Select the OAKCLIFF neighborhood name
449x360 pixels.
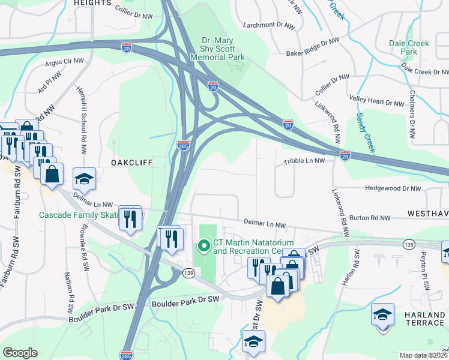pos(131,163)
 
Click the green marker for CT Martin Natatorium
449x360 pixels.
pos(203,245)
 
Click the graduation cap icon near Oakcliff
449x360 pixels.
pos(84,178)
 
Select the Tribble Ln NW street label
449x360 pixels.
pos(304,161)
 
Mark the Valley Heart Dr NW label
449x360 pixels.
pos(376,103)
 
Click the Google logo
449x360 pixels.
pos(20,353)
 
